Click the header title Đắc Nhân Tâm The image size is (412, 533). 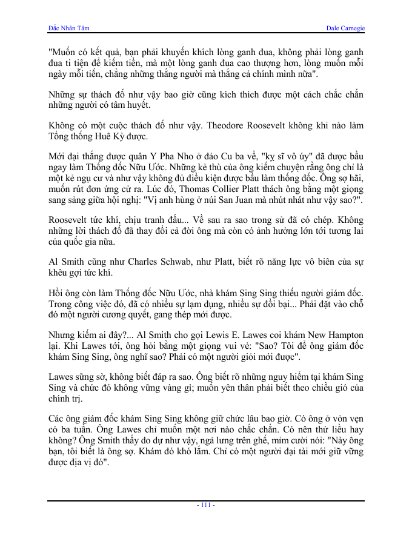point(68,28)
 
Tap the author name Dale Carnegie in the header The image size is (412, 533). point(345,28)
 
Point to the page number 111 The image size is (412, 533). point(206,505)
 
